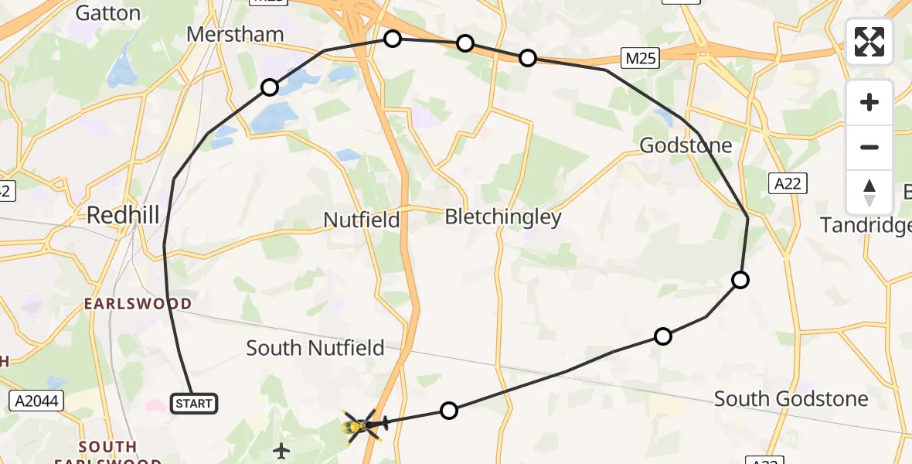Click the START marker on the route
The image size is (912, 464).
[x=193, y=404]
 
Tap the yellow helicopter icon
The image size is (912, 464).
[x=360, y=425]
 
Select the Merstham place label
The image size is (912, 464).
[x=236, y=35]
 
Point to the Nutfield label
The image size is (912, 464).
[x=362, y=220]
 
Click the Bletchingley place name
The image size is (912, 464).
[x=503, y=217]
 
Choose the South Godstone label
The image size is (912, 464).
[x=791, y=399]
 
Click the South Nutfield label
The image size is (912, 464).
[x=315, y=348]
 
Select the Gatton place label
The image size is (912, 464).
[x=108, y=12]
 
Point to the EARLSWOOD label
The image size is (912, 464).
[x=138, y=304]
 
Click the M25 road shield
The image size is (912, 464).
[x=638, y=56]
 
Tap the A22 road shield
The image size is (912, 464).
[x=788, y=183]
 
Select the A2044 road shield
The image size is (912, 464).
[x=36, y=401]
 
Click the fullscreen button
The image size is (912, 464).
[x=869, y=42]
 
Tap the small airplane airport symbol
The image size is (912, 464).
[x=281, y=450]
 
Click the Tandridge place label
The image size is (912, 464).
[x=866, y=225]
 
